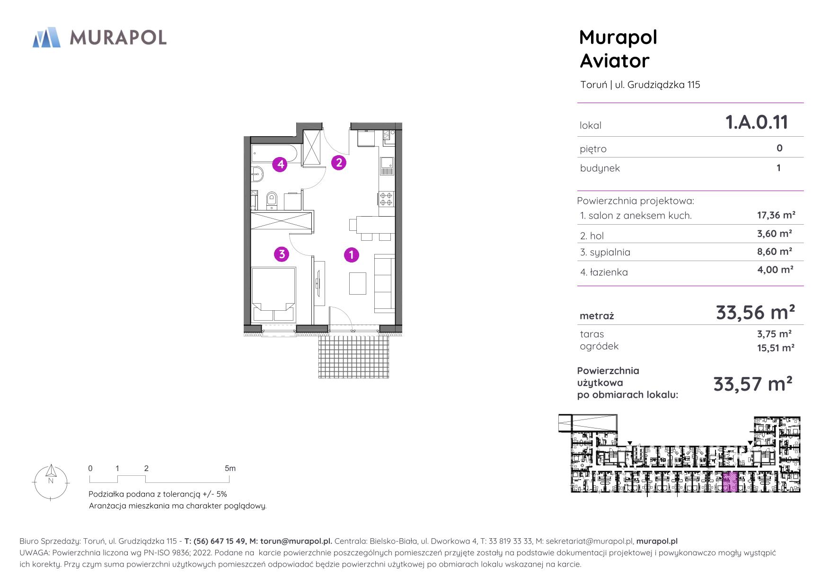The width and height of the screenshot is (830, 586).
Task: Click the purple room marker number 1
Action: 351,255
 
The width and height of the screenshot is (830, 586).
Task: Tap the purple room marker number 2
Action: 339,163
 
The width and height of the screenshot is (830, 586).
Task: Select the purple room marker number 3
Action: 282,254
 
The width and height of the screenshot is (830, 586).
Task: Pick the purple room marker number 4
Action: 281,165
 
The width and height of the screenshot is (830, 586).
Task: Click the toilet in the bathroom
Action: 272,200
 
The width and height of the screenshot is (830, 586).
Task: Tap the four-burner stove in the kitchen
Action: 386,199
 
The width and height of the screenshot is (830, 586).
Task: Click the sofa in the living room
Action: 384,283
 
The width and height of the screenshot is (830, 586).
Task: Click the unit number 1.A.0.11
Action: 757,122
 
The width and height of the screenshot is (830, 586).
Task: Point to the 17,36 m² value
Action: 776,215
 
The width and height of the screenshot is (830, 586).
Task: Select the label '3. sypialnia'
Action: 605,252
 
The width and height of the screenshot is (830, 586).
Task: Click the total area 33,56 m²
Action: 755,313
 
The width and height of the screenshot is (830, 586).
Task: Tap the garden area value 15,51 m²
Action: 776,348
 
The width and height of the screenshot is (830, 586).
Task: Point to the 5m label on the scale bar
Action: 230,468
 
